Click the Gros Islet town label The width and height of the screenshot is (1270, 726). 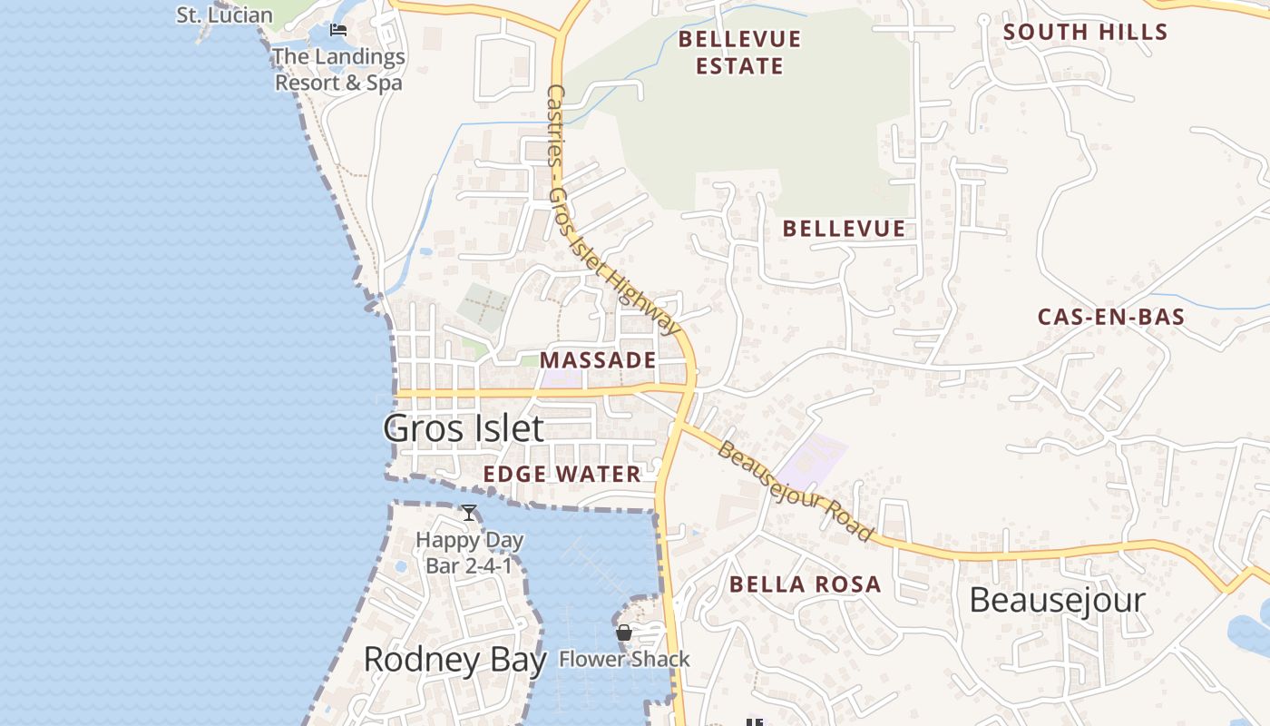pyautogui.click(x=464, y=428)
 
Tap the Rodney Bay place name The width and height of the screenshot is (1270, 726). pyautogui.click(x=454, y=660)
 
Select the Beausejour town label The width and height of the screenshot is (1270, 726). pyautogui.click(x=1057, y=600)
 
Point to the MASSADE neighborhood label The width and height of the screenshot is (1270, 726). pyautogui.click(x=598, y=360)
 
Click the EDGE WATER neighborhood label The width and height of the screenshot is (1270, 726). pyautogui.click(x=562, y=474)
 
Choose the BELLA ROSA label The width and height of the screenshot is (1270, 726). pyautogui.click(x=805, y=584)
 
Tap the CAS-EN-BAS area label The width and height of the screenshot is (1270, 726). pyautogui.click(x=1111, y=317)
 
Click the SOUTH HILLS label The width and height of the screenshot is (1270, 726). pyautogui.click(x=1085, y=32)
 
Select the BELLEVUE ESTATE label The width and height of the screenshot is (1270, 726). pyautogui.click(x=740, y=53)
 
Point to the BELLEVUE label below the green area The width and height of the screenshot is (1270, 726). pyautogui.click(x=844, y=229)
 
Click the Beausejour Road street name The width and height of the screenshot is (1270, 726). pyautogui.click(x=795, y=490)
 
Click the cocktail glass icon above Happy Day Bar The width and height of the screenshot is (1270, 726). pyautogui.click(x=469, y=513)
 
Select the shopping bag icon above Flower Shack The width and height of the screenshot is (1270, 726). pyautogui.click(x=624, y=633)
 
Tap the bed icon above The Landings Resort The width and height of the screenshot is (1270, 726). pyautogui.click(x=338, y=30)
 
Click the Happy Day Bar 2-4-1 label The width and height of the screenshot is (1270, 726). pyautogui.click(x=469, y=553)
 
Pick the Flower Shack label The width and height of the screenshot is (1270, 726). pyautogui.click(x=624, y=660)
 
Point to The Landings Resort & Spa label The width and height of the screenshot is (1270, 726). pyautogui.click(x=338, y=70)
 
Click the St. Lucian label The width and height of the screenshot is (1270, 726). pyautogui.click(x=224, y=15)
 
